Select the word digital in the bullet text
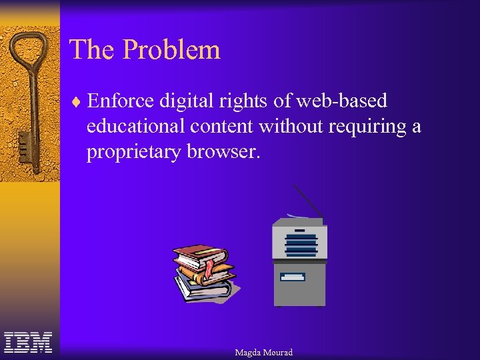[183, 101]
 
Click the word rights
[246, 101]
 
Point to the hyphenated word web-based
[342, 101]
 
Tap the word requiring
[369, 127]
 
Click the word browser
[221, 152]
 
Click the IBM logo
[28, 342]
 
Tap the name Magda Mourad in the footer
[263, 352]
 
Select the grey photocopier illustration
[299, 264]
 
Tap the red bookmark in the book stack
[210, 268]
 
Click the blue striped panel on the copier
[301, 243]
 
